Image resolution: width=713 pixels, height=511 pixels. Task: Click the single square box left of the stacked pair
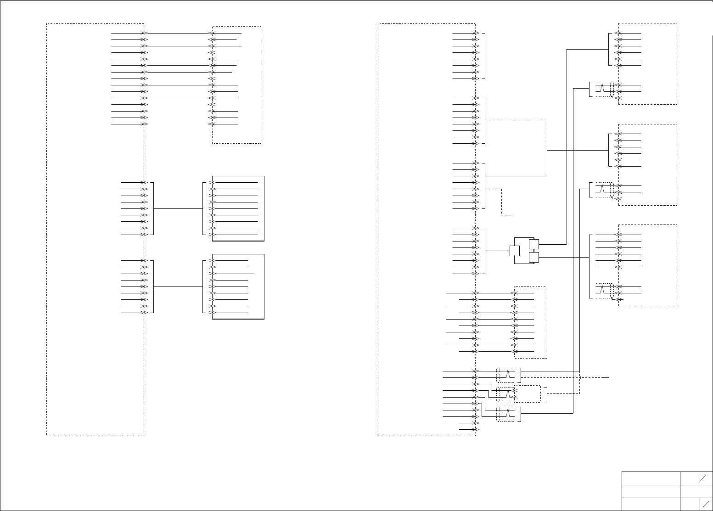(x=515, y=251)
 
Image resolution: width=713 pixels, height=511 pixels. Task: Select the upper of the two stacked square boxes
(x=533, y=244)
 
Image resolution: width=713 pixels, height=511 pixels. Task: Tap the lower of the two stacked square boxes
(x=533, y=257)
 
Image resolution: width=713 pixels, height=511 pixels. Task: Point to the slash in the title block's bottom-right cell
(x=706, y=504)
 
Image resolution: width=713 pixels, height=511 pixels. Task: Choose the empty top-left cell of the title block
(x=651, y=478)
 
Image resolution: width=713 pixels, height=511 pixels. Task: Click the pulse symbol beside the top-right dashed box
(x=602, y=87)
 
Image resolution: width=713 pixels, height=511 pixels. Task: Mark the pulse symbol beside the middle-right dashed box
(x=602, y=188)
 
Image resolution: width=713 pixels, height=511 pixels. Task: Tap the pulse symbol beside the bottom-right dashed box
(x=602, y=289)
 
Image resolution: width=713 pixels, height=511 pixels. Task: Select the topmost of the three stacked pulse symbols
(x=508, y=375)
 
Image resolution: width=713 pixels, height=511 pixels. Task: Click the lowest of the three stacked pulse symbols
(x=508, y=414)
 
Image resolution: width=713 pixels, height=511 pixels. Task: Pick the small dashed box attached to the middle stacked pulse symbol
(x=527, y=394)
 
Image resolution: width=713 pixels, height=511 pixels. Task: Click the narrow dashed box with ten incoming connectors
(x=530, y=322)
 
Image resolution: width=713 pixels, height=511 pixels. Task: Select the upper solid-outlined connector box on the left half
(x=238, y=208)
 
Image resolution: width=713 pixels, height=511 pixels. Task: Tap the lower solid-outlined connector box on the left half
(x=238, y=286)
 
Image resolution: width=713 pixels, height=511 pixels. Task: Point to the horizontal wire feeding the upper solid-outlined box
(x=178, y=208)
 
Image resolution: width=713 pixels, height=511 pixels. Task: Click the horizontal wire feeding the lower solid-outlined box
(x=178, y=286)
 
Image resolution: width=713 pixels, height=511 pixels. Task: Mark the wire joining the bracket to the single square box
(x=497, y=251)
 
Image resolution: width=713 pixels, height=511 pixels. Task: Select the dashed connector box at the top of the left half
(x=236, y=85)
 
